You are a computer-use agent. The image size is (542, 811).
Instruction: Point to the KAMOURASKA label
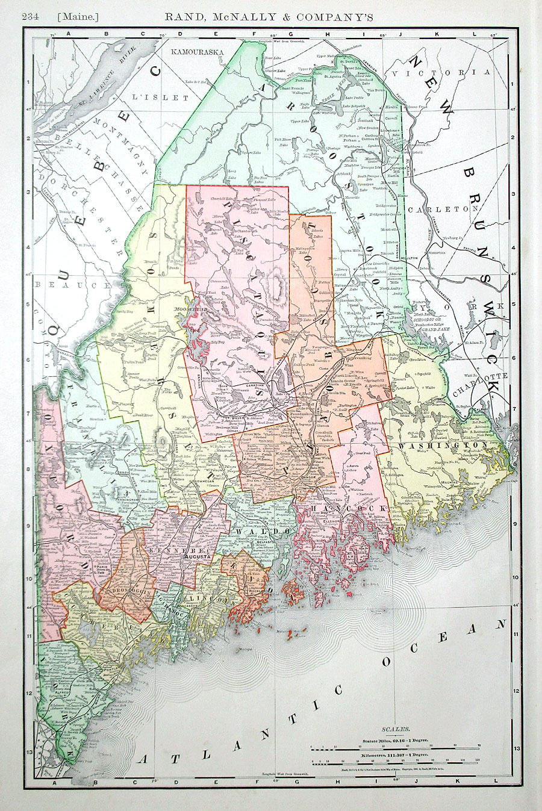click(198, 52)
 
